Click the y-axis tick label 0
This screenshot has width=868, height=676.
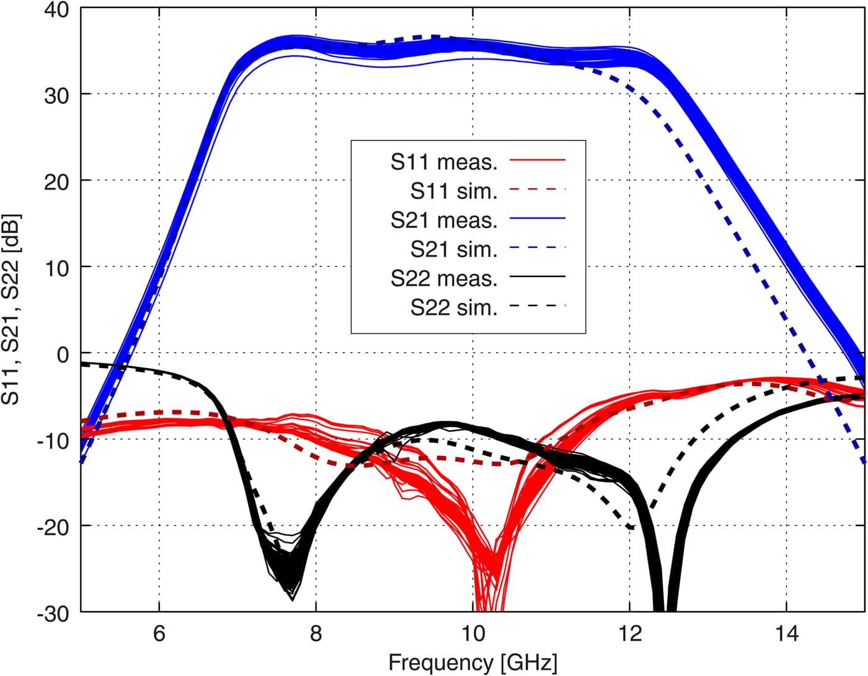tap(63, 354)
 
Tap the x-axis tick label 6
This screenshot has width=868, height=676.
tap(159, 635)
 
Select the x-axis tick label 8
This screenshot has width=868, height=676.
tap(316, 635)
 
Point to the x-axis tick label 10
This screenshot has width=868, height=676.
tap(473, 635)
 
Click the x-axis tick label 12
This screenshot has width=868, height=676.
tap(630, 635)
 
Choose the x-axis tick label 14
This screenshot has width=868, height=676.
tap(787, 635)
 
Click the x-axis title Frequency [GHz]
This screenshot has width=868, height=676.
tap(472, 662)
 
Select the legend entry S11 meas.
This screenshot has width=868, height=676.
tap(444, 162)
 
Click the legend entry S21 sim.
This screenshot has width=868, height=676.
tap(454, 249)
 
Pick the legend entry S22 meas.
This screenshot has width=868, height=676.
tap(444, 278)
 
